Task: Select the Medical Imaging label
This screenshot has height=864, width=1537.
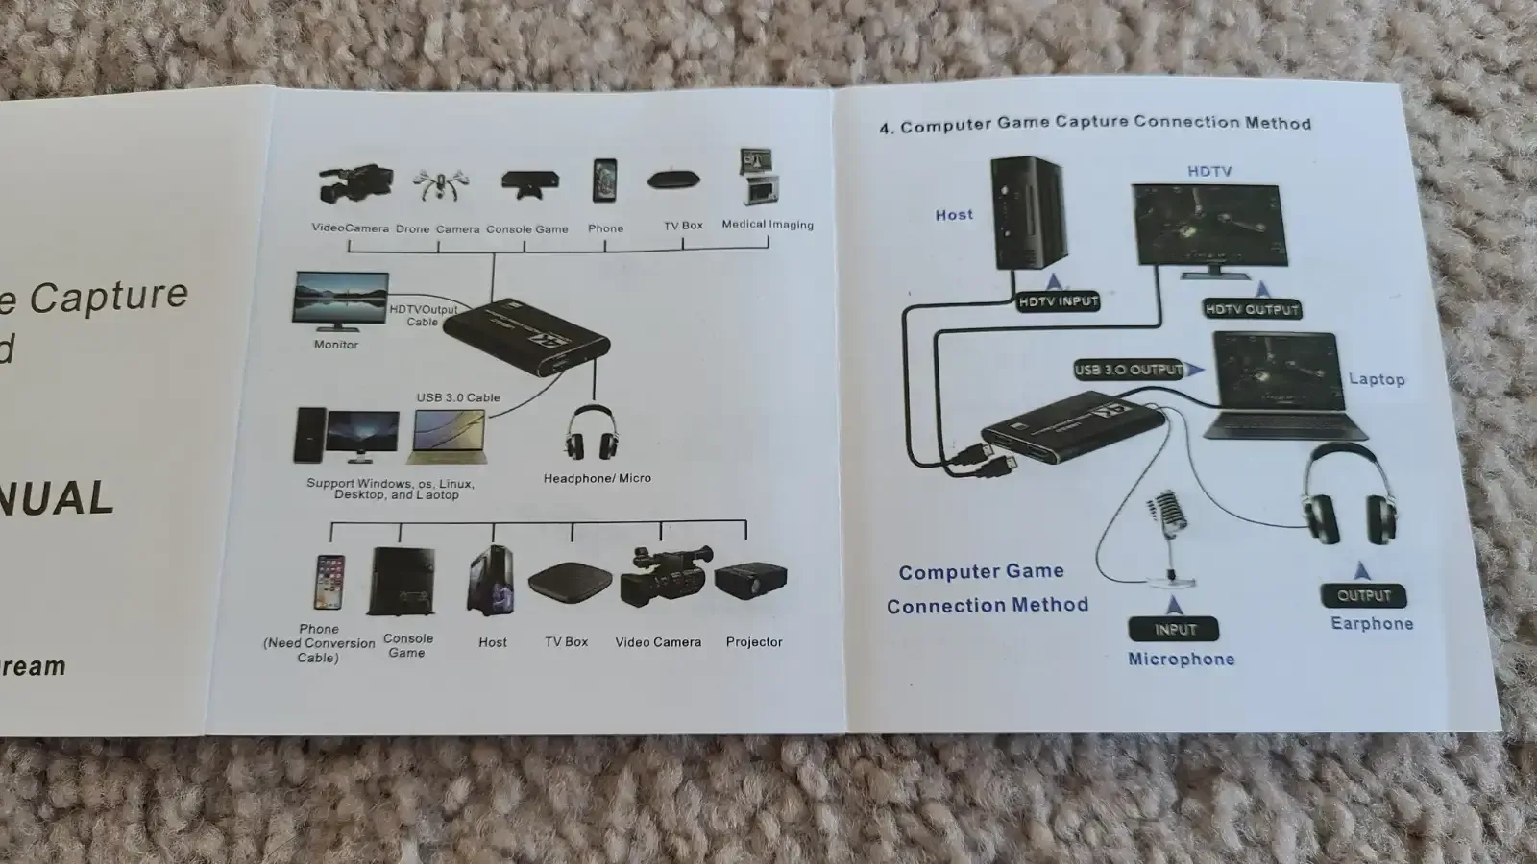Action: [x=767, y=225]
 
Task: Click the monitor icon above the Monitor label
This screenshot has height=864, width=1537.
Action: [x=340, y=300]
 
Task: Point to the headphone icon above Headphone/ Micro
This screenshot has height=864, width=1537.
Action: [x=591, y=434]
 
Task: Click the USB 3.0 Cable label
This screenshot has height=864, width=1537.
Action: [x=458, y=397]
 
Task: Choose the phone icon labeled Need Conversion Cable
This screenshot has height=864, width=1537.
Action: [x=329, y=582]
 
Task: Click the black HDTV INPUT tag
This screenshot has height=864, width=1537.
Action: [x=1058, y=301]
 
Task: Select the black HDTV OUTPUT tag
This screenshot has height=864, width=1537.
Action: [x=1252, y=309]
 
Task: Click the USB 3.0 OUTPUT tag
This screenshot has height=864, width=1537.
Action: [x=1129, y=370]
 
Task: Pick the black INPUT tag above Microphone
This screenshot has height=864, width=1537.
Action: [x=1175, y=630]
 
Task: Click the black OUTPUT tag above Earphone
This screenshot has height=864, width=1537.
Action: [x=1363, y=595]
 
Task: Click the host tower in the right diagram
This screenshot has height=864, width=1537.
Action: [x=1027, y=213]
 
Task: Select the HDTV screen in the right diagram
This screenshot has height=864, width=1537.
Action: [x=1207, y=227]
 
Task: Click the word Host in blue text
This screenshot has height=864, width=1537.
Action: [x=954, y=215]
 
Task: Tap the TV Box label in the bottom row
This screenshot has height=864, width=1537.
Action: [x=566, y=641]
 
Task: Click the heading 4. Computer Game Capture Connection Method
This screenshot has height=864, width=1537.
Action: [x=1095, y=124]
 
